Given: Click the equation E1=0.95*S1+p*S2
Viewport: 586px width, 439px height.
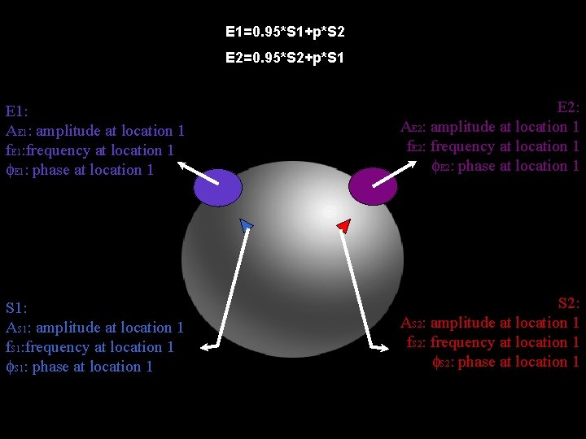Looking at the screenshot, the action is [x=285, y=33].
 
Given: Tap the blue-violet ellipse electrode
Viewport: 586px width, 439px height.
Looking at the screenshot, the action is [x=218, y=188].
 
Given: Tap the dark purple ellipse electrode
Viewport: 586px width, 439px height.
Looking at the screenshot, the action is [x=373, y=188].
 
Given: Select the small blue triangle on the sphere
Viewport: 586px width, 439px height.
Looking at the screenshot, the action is [x=247, y=224].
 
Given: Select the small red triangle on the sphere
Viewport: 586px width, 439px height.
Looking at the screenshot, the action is [x=343, y=224].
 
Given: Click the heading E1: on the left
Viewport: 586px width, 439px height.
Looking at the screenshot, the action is [x=17, y=111].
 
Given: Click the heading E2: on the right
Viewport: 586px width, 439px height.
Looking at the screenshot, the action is [x=568, y=107].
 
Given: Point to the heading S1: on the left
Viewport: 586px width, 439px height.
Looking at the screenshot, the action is [x=16, y=308].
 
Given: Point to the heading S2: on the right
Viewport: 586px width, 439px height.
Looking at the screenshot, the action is [x=568, y=304].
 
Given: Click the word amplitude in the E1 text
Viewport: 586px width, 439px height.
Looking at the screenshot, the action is [x=68, y=131].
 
